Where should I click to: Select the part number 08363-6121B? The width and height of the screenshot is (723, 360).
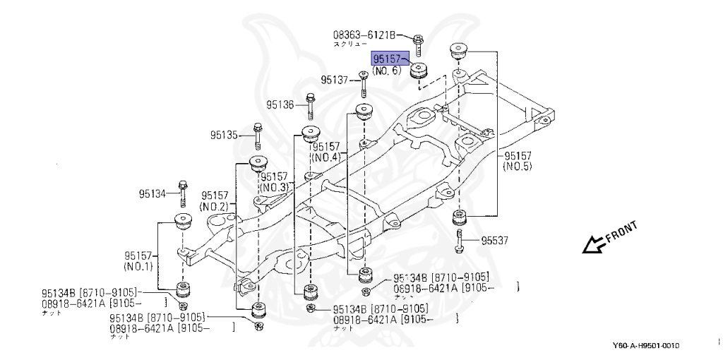365,34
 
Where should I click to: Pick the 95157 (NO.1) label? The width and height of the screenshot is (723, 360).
139,261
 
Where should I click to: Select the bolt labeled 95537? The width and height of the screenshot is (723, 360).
460,239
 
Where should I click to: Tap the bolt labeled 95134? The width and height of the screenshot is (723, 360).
182,191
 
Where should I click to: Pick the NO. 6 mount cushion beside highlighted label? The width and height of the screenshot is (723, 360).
421,71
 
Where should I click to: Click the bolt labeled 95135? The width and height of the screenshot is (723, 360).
257,133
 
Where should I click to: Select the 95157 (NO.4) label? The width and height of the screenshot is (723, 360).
326,151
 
